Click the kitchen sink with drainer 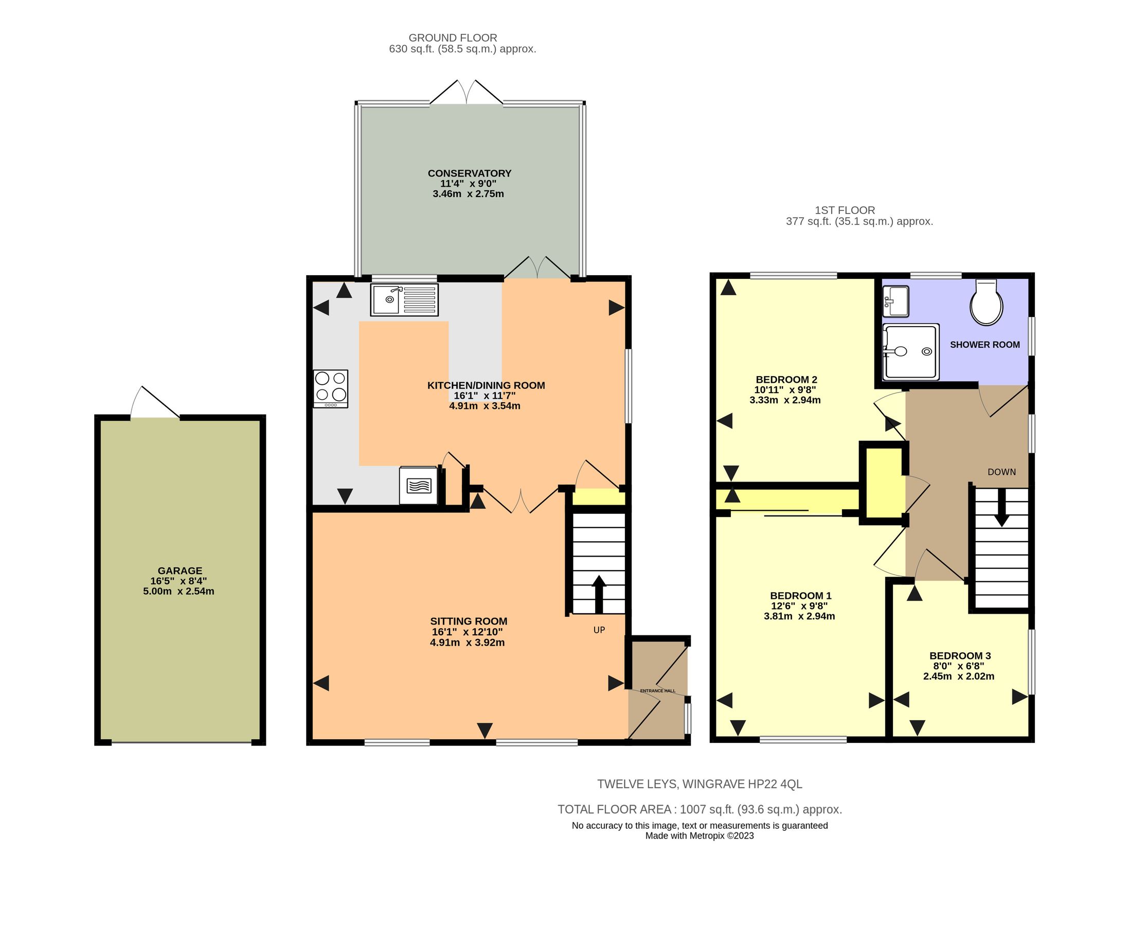(x=404, y=300)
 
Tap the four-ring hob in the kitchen (x=331, y=388)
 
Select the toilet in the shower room (x=986, y=303)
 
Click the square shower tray (x=910, y=352)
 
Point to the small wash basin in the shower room (x=895, y=301)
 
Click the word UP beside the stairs (x=599, y=630)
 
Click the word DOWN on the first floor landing (x=1001, y=472)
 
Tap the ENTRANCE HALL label (x=657, y=691)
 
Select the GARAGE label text (x=180, y=571)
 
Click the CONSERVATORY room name (x=469, y=173)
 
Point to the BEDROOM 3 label (x=960, y=655)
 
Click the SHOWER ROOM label (x=984, y=345)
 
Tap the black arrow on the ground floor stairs (x=599, y=594)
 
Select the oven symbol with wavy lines (x=419, y=486)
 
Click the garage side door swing (x=154, y=403)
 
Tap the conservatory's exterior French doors (x=467, y=93)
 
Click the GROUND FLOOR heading (x=453, y=38)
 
